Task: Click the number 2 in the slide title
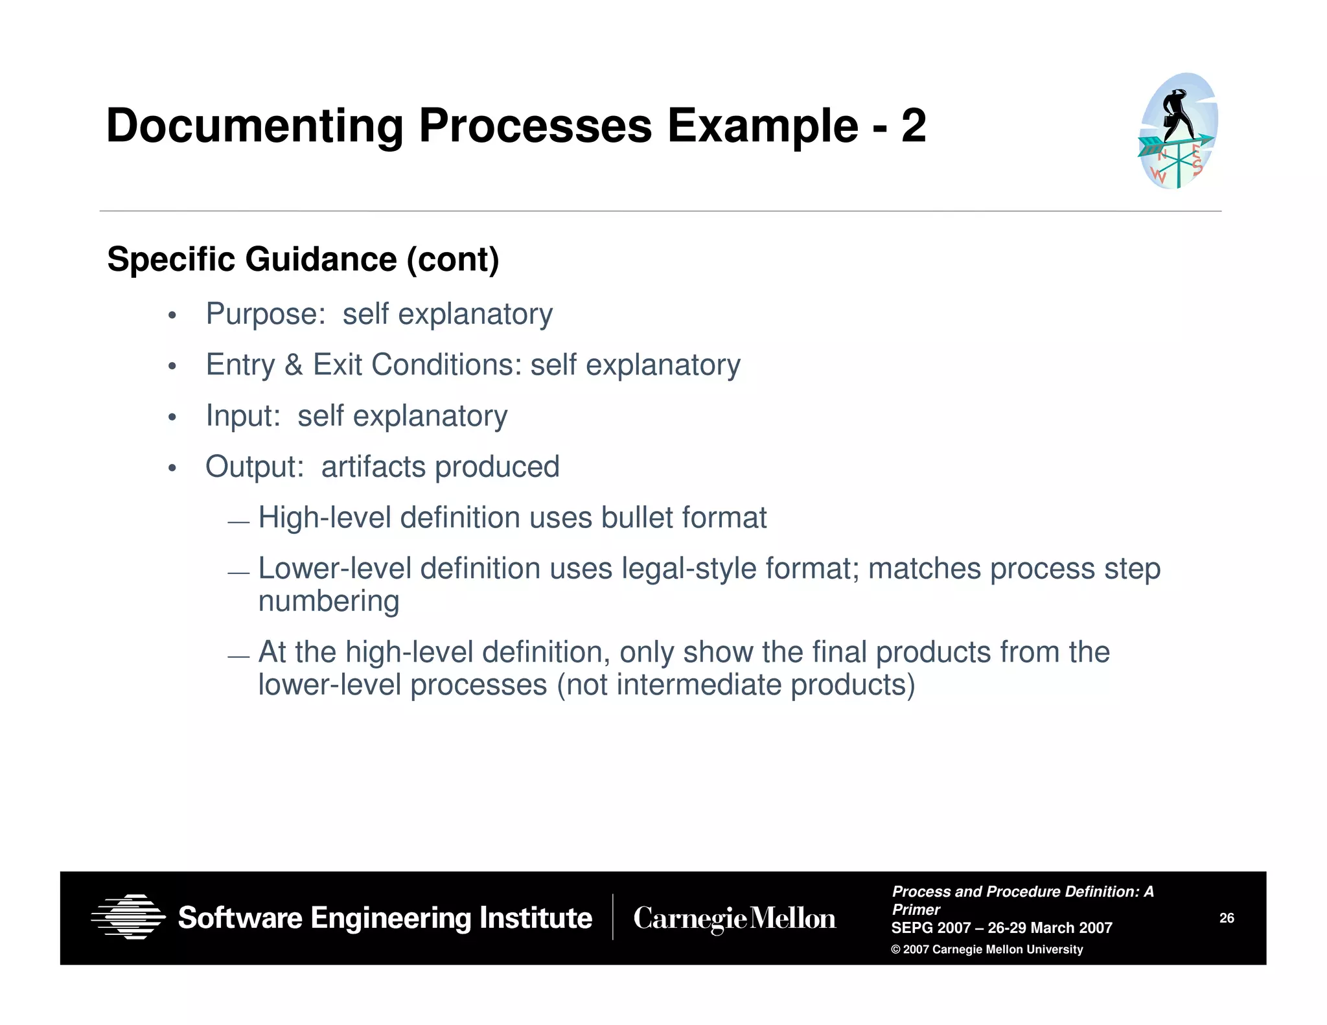tap(913, 126)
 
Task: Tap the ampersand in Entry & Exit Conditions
tap(294, 365)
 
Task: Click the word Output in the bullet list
tap(255, 467)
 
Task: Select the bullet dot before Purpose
tap(172, 316)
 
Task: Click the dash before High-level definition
tap(238, 522)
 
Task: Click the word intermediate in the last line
tap(698, 685)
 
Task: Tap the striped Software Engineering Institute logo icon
tap(128, 917)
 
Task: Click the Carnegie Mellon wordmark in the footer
tap(734, 919)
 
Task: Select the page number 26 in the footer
tap(1227, 918)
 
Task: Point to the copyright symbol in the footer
tap(896, 950)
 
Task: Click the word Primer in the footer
tap(916, 910)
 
